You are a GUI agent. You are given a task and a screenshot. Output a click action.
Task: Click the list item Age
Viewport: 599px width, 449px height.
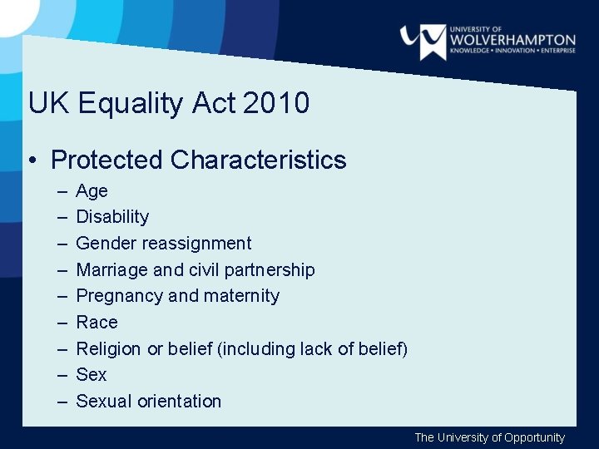click(92, 191)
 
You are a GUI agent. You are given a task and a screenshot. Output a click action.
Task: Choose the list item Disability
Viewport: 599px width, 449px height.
click(112, 217)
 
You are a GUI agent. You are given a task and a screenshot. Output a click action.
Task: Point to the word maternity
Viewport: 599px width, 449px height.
click(241, 296)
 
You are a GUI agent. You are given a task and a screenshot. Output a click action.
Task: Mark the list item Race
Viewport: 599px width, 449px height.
click(97, 323)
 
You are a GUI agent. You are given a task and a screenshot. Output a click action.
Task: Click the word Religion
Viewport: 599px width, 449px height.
click(108, 349)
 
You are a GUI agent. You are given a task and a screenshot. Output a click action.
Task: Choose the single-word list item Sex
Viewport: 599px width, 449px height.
click(92, 375)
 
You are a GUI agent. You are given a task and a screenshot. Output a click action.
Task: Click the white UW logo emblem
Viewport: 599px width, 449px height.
click(422, 40)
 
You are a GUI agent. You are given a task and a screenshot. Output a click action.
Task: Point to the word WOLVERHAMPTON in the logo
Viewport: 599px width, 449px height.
click(512, 39)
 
